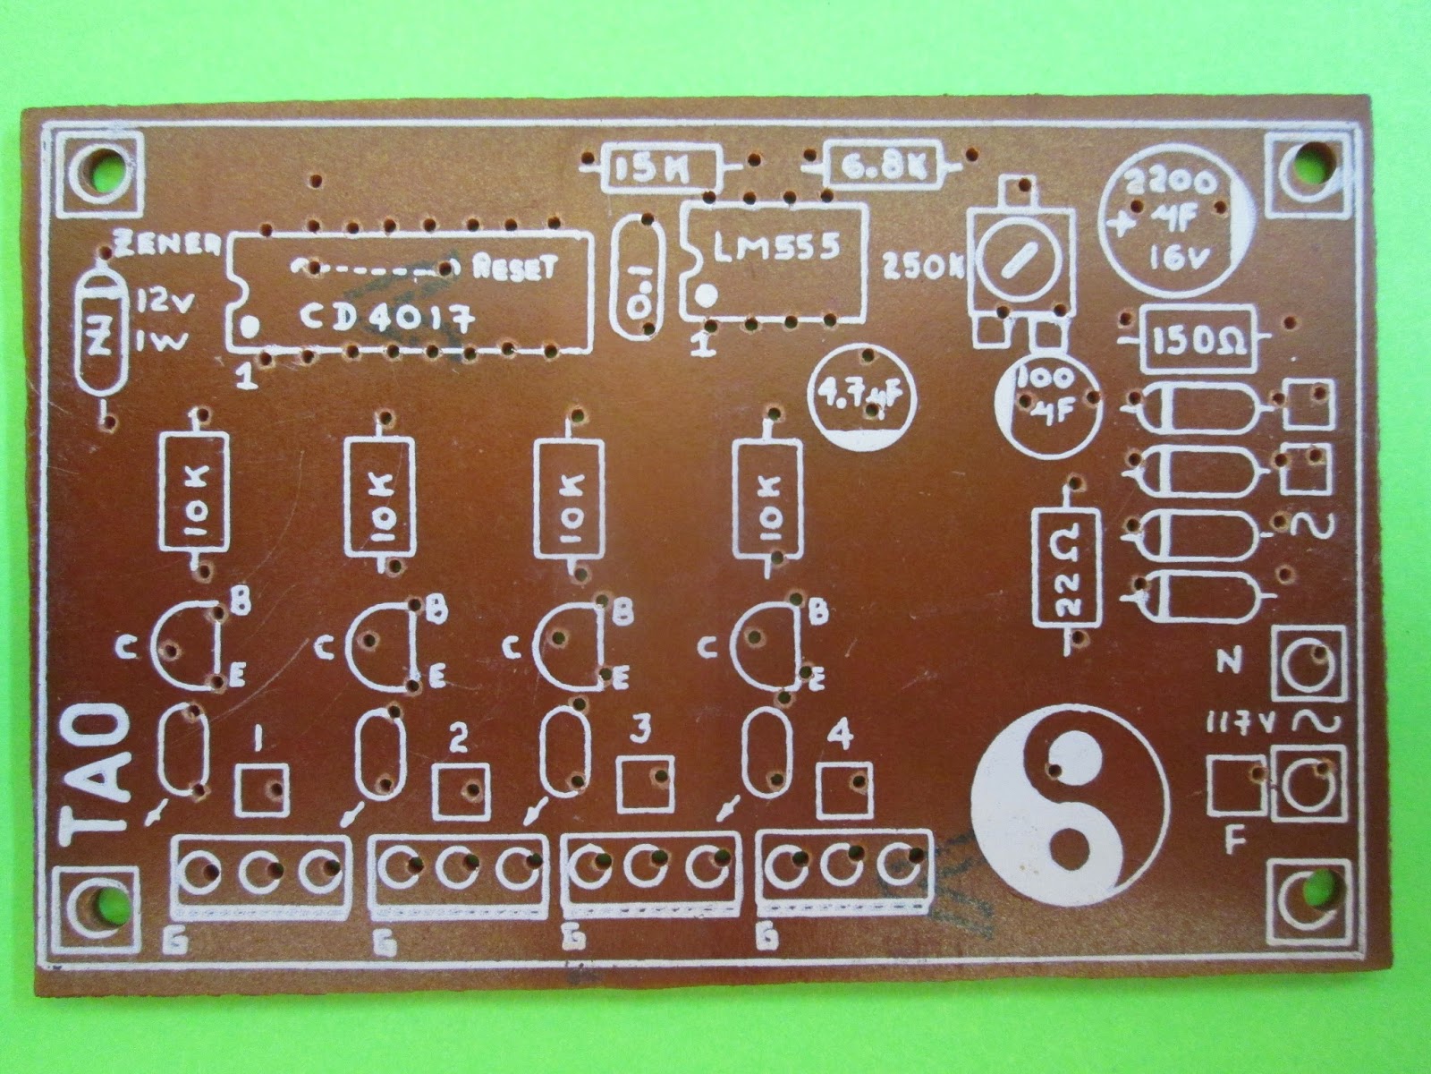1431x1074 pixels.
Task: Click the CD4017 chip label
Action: click(x=386, y=320)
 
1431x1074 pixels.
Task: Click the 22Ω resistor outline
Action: click(x=1067, y=567)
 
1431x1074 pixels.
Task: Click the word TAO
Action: click(x=95, y=776)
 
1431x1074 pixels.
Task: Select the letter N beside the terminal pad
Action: click(x=1232, y=662)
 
